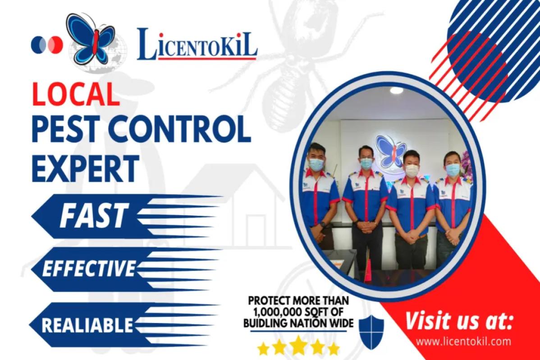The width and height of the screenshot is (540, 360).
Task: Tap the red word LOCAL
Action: [76, 94]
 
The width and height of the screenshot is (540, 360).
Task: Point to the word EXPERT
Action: [85, 168]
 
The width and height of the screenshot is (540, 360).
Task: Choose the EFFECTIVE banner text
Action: [88, 269]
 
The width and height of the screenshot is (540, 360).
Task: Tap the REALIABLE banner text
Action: [87, 325]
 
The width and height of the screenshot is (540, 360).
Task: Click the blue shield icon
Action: [371, 332]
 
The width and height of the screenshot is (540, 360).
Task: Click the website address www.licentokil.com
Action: [463, 341]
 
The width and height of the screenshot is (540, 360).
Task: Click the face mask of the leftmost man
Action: [316, 164]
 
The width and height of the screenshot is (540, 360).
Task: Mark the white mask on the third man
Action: [412, 170]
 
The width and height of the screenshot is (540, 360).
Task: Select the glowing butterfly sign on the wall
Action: [391, 150]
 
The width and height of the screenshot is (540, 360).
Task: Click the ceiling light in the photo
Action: [396, 91]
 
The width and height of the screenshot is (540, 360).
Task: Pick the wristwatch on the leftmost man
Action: [323, 224]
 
